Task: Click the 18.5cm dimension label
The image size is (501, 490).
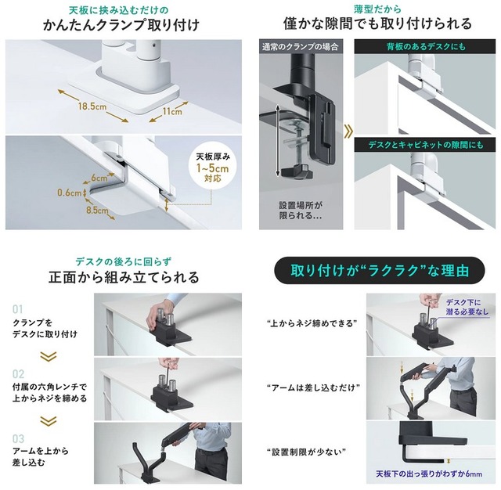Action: [x=92, y=106]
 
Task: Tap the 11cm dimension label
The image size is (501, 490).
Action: [x=172, y=111]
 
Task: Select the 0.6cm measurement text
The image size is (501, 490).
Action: [x=70, y=193]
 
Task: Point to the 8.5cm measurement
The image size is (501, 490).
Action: [x=97, y=211]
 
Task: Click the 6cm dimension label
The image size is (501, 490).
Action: [x=99, y=178]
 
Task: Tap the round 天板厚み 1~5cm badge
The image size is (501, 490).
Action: [x=212, y=167]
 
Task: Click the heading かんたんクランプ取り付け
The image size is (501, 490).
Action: [x=121, y=24]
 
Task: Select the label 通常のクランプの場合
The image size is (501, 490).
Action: [x=301, y=47]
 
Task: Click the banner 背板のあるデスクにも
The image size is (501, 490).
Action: [x=426, y=47]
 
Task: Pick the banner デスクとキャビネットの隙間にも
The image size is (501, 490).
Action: [x=426, y=145]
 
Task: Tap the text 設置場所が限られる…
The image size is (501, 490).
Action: [x=301, y=210]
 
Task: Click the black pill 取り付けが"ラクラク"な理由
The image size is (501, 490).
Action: [x=380, y=270]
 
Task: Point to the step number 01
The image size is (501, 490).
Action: [x=18, y=309]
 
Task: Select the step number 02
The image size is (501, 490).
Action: [x=18, y=373]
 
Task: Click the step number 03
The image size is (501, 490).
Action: [x=18, y=438]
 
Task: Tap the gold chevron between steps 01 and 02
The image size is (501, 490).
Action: [x=49, y=356]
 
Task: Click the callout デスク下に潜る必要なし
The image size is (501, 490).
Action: [x=467, y=307]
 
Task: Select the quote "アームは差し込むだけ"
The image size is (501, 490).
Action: [x=313, y=387]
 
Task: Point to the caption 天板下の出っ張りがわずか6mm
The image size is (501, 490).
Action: [x=429, y=474]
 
